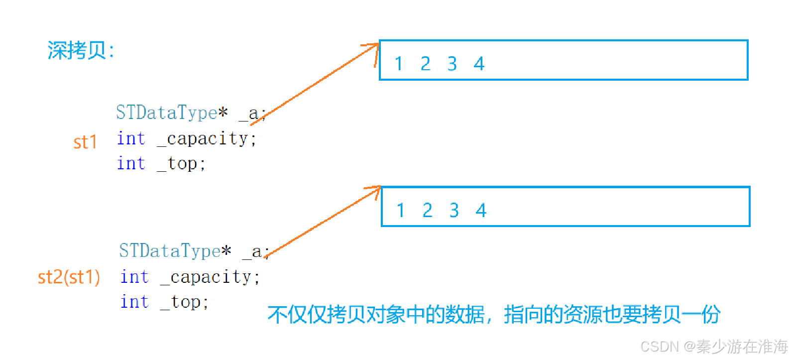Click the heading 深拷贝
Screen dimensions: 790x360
pyautogui.click(x=80, y=50)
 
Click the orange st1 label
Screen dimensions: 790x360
pyautogui.click(x=85, y=142)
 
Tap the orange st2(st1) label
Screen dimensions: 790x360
pyautogui.click(x=69, y=277)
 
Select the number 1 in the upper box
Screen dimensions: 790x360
pyautogui.click(x=399, y=64)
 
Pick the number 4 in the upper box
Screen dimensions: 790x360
pyautogui.click(x=479, y=64)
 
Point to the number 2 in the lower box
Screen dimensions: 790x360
pyautogui.click(x=427, y=210)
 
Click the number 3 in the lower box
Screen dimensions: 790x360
pyautogui.click(x=454, y=210)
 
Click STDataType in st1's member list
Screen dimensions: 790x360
pyautogui.click(x=167, y=113)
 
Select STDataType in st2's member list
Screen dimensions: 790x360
pyautogui.click(x=170, y=251)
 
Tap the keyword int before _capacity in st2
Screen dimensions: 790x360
pyautogui.click(x=134, y=277)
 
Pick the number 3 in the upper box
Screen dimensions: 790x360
pyautogui.click(x=452, y=64)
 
